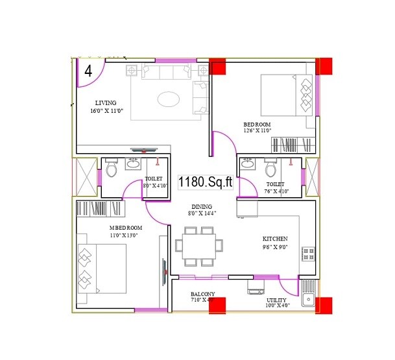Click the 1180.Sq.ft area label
(x=206, y=182)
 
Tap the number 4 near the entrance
(x=88, y=69)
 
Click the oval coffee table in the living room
(x=169, y=99)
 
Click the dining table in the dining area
(x=198, y=246)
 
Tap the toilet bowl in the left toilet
(x=112, y=169)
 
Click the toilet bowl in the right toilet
(x=271, y=169)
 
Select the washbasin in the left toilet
(x=133, y=163)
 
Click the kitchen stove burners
(x=308, y=254)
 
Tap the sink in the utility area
(x=308, y=298)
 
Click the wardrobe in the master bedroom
(x=101, y=208)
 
